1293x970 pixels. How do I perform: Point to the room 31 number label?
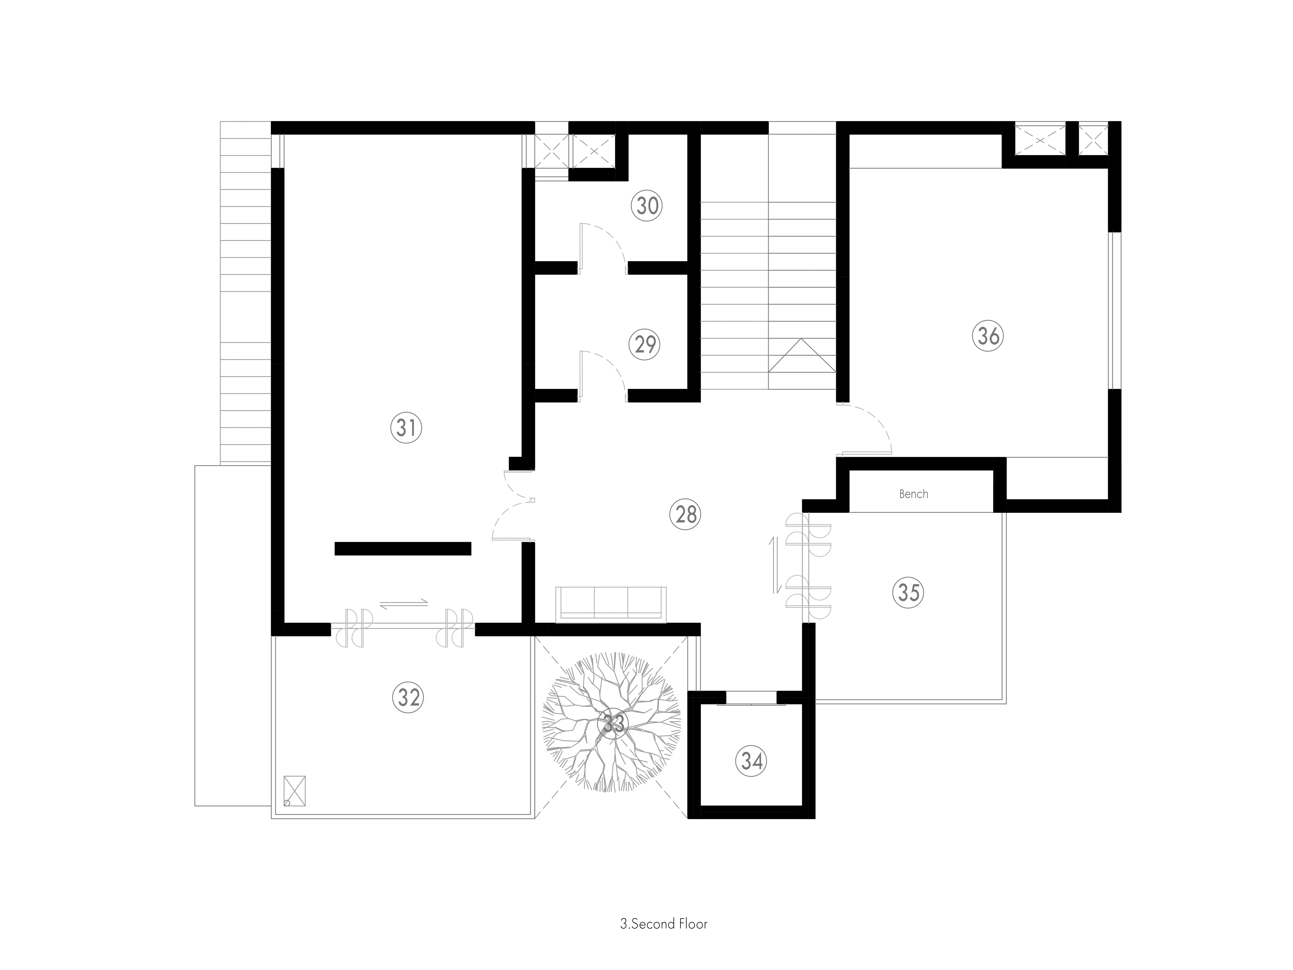pyautogui.click(x=406, y=428)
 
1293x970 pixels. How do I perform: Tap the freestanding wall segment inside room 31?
pyautogui.click(x=403, y=548)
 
